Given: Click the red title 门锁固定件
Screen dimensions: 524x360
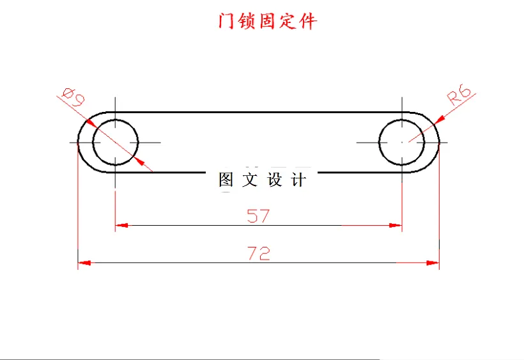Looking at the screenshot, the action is click(267, 21).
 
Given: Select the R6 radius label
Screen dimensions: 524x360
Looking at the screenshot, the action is click(460, 96).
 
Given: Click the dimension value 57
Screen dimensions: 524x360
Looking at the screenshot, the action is click(258, 216).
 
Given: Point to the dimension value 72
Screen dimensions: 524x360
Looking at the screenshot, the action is click(258, 253).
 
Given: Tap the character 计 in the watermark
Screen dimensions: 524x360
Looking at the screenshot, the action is click(298, 180).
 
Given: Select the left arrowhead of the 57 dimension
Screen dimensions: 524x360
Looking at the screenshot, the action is click(121, 225).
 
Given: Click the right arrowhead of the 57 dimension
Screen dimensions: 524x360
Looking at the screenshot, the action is click(396, 225).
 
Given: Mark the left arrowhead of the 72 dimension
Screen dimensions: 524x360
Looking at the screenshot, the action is click(84, 262).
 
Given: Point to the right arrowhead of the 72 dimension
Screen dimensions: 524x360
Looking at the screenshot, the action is click(433, 262).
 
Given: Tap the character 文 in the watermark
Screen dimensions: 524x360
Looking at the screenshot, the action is click(250, 180).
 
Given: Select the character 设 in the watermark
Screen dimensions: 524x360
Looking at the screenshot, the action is click(275, 180).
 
